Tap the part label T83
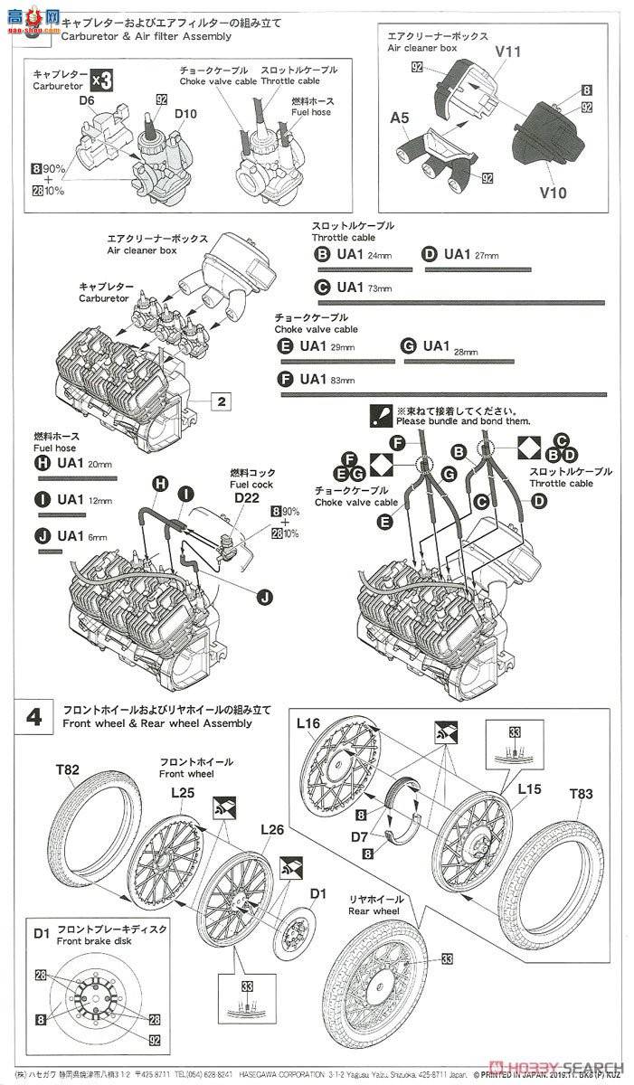pyautogui.click(x=582, y=794)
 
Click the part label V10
pyautogui.click(x=554, y=193)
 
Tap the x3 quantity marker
pyautogui.click(x=103, y=80)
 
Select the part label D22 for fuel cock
pyautogui.click(x=246, y=497)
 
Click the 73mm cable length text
pyautogui.click(x=380, y=288)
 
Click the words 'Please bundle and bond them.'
pyautogui.click(x=463, y=421)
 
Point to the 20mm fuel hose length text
pyautogui.click(x=100, y=465)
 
